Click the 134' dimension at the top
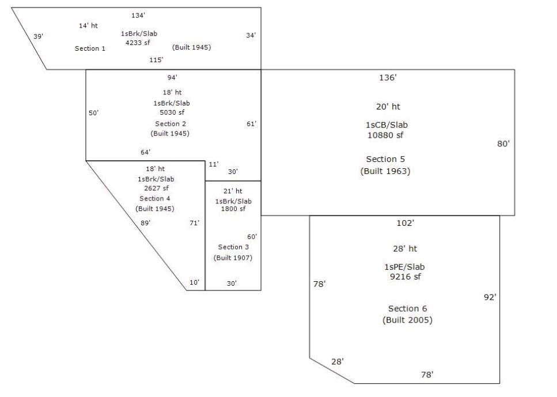[138, 16]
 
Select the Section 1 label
[90, 48]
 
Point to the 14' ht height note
[88, 25]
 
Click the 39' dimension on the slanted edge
[38, 36]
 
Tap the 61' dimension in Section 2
[251, 123]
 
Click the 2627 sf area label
[156, 188]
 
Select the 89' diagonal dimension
[145, 222]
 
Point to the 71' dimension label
[194, 222]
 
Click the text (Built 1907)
[233, 258]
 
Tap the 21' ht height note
[233, 191]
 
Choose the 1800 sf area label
[233, 209]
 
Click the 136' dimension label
[388, 78]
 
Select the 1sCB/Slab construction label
[387, 125]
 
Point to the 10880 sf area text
[387, 135]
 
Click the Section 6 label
[407, 309]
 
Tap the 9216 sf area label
[407, 277]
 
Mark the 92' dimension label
[490, 297]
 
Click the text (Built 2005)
[407, 320]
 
